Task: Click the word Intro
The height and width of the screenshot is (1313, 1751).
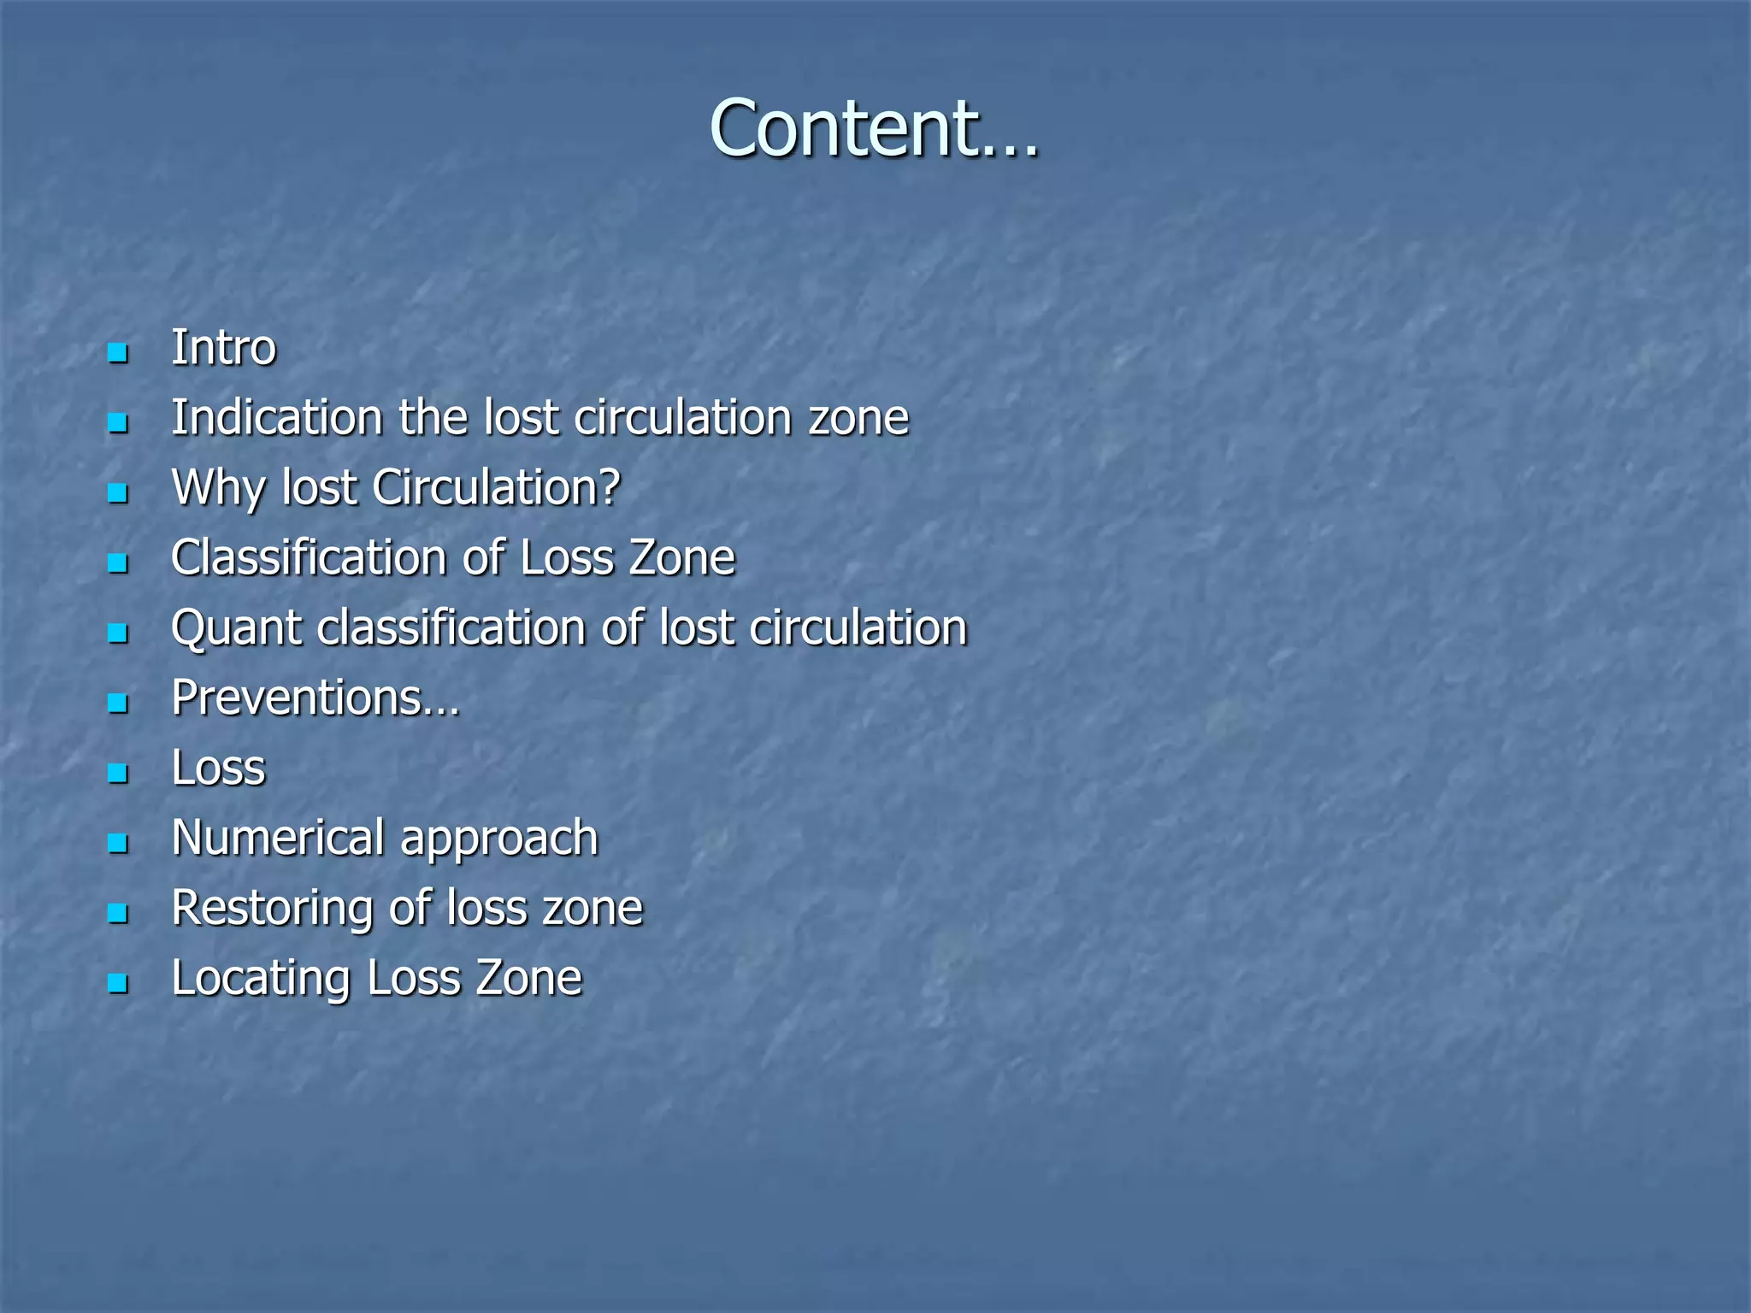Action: pyautogui.click(x=223, y=348)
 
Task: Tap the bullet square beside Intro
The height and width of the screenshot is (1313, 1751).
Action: pyautogui.click(x=118, y=352)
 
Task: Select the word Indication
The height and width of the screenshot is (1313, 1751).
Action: pyautogui.click(x=276, y=418)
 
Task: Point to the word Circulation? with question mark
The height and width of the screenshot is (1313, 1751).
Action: pyautogui.click(x=496, y=488)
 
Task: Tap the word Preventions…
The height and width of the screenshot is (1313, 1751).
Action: pyautogui.click(x=315, y=698)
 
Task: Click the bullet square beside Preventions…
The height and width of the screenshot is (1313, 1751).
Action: pyautogui.click(x=118, y=704)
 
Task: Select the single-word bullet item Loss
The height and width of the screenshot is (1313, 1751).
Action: pyautogui.click(x=219, y=768)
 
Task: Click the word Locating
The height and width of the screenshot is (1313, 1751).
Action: pyautogui.click(x=262, y=979)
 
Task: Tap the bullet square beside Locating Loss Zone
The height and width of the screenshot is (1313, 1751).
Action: pyautogui.click(x=118, y=983)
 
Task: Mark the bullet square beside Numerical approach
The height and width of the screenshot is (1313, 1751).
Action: pyautogui.click(x=118, y=844)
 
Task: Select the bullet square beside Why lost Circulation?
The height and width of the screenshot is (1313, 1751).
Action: pyautogui.click(x=118, y=493)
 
